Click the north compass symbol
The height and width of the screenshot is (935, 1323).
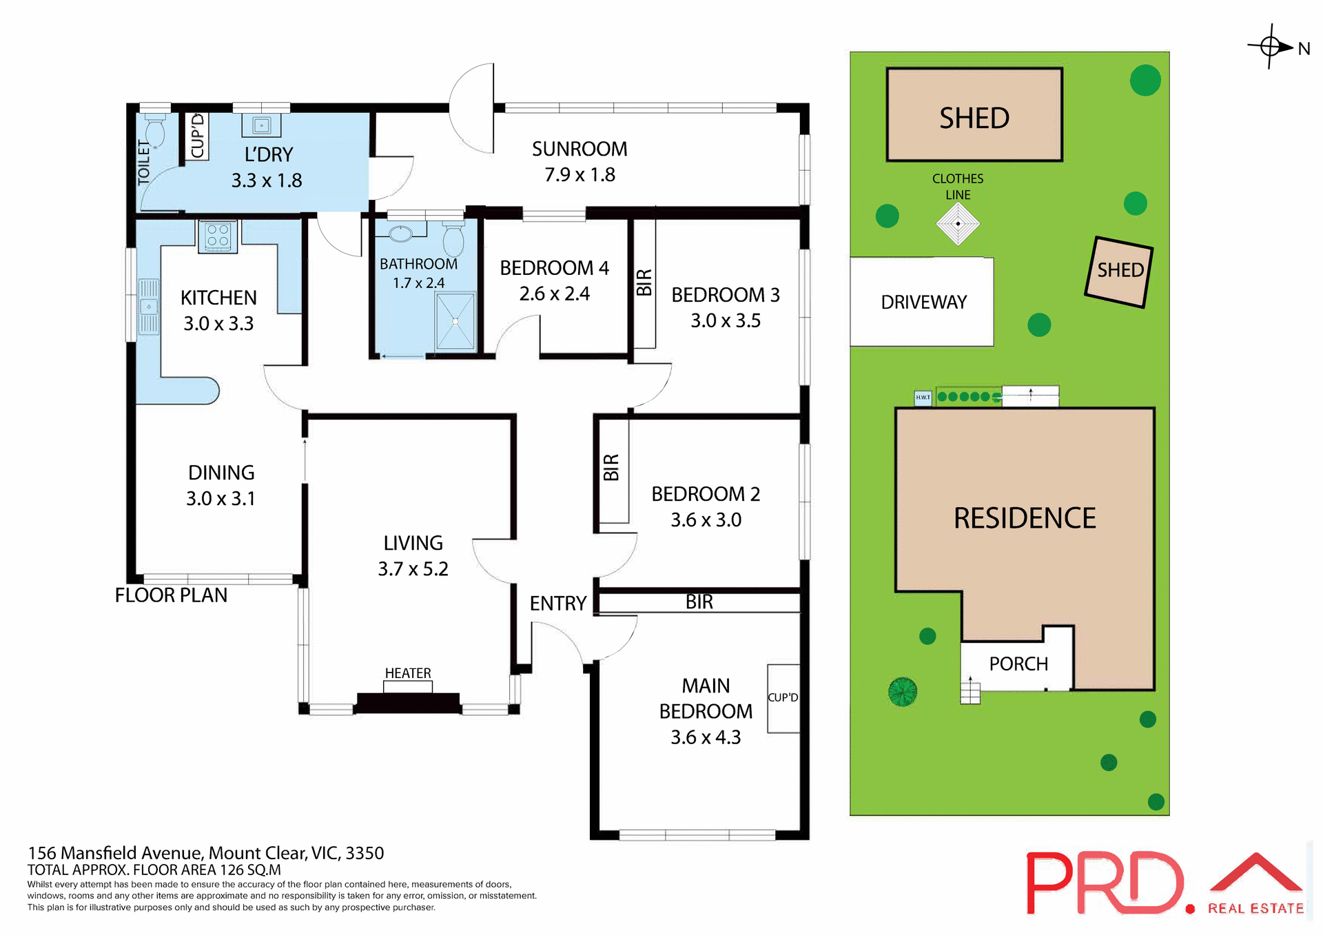pos(1271,47)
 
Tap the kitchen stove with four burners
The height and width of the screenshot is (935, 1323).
pos(218,236)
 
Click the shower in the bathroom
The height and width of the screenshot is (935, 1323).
pos(455,321)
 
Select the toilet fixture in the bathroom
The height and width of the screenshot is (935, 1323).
pos(453,240)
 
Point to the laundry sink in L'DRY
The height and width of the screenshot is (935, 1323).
pos(261,125)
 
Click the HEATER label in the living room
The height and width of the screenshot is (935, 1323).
pos(408,673)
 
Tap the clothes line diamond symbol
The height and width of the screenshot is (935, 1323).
pos(958,224)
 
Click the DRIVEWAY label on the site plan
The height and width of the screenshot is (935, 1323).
pos(923,302)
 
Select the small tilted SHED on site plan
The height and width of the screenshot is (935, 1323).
pos(1119,271)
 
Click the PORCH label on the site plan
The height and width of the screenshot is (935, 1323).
pos(1018,664)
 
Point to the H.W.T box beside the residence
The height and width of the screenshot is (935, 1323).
pos(923,398)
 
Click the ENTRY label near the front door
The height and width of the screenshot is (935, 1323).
pos(557,604)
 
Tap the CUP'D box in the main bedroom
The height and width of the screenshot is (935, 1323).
pos(783,698)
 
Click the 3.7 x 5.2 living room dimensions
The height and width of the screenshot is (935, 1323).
pos(413,569)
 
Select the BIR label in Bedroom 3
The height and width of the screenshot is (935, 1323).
pos(644,282)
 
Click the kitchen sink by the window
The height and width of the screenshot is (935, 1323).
pos(149,307)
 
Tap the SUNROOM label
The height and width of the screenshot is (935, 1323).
pos(580,150)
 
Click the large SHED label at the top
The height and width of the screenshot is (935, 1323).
pos(974,119)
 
